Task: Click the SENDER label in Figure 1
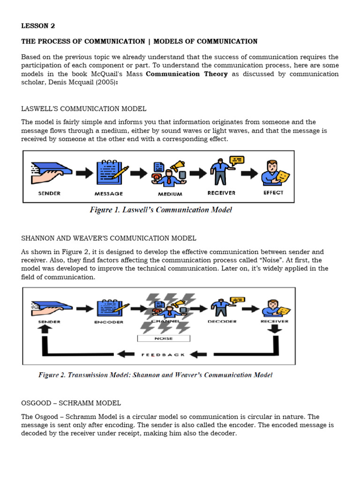(x=49, y=193)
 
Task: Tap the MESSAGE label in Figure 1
(x=108, y=194)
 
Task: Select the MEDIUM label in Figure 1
(x=170, y=194)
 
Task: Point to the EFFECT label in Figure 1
(x=273, y=193)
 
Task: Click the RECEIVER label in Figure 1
(x=221, y=193)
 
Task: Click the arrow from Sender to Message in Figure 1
(x=84, y=173)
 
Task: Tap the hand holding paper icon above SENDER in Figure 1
(x=51, y=171)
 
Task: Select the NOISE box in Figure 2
(x=163, y=338)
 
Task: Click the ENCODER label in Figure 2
(x=109, y=322)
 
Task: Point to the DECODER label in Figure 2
(x=222, y=322)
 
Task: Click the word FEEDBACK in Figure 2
(x=163, y=354)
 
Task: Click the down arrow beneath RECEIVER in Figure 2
(x=276, y=330)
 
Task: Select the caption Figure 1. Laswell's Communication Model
(x=161, y=210)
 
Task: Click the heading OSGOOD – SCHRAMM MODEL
(x=71, y=403)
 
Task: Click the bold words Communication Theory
(x=187, y=74)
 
